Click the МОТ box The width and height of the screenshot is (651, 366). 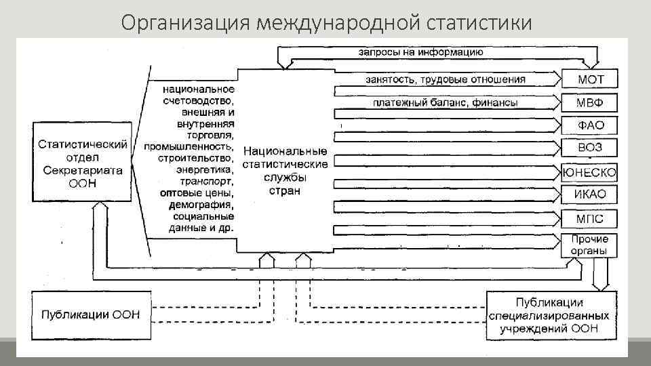pos(590,79)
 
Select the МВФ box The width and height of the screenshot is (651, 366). pos(590,103)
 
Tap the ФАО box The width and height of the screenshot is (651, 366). pos(590,126)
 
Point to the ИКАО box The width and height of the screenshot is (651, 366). pos(590,195)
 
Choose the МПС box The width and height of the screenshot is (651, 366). pos(590,219)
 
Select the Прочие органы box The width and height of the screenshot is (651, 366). pos(590,245)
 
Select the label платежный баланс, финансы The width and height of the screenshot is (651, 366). pos(445,103)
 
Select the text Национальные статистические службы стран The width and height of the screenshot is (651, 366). pos(285,171)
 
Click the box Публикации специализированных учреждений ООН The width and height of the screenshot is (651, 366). pos(549,315)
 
